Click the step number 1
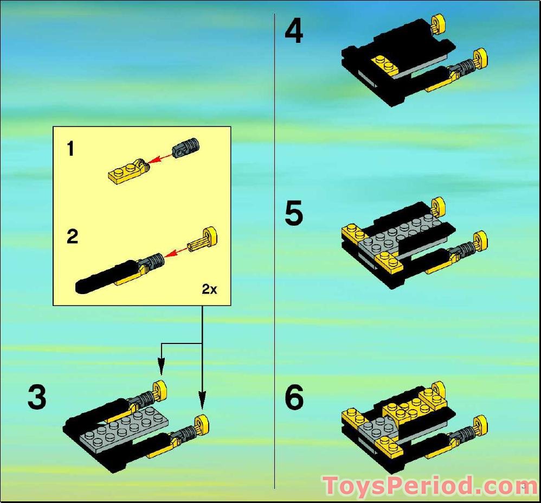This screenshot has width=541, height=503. click(x=70, y=149)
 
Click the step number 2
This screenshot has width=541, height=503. click(x=73, y=237)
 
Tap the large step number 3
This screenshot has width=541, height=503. click(x=37, y=397)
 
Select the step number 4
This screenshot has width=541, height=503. click(x=294, y=31)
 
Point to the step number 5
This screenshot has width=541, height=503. click(x=294, y=213)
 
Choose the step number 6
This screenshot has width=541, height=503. click(x=294, y=397)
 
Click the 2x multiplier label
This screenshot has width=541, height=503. click(x=209, y=289)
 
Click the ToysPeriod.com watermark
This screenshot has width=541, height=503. click(x=425, y=486)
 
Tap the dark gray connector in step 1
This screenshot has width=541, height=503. click(x=185, y=147)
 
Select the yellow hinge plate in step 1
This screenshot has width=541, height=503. click(x=129, y=170)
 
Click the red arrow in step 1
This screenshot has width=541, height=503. click(x=160, y=158)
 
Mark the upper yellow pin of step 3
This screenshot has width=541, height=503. click(x=159, y=390)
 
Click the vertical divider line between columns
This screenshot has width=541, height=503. click(x=275, y=251)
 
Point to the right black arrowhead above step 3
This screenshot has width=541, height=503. click(x=202, y=399)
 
